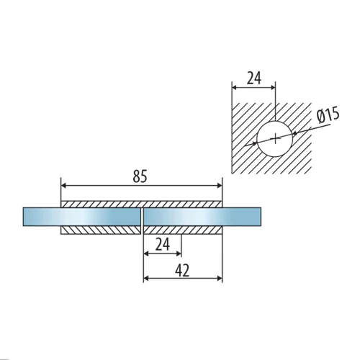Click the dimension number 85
(x=140, y=176)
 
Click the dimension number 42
(x=182, y=270)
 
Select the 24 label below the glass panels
(x=163, y=244)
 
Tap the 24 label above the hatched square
(x=254, y=78)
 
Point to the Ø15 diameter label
(x=328, y=115)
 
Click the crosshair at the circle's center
(x=276, y=138)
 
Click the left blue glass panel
(x=81, y=217)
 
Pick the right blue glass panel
(x=202, y=217)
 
